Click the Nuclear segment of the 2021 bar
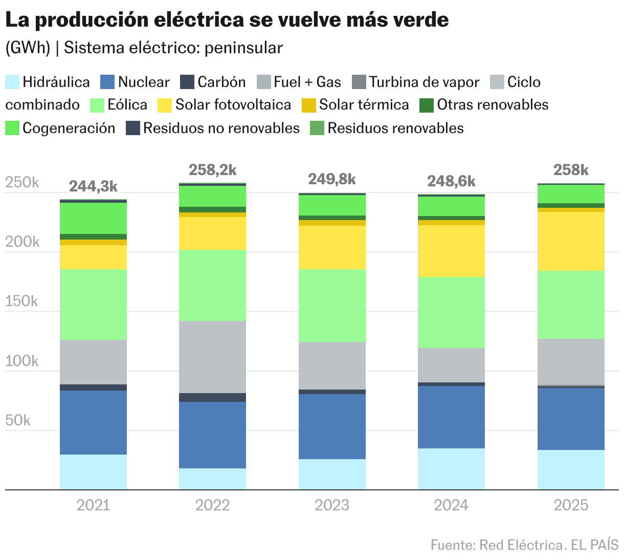click(x=93, y=422)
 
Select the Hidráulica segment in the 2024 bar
click(x=451, y=469)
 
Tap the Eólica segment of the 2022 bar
click(x=212, y=285)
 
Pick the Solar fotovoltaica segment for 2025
click(x=571, y=241)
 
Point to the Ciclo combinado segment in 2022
click(x=212, y=357)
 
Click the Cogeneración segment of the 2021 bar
click(x=93, y=218)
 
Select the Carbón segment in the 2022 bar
click(x=212, y=397)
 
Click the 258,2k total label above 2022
click(x=212, y=170)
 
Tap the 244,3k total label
click(x=93, y=186)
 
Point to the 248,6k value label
click(x=451, y=181)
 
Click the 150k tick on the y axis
click(x=21, y=301)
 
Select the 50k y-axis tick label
click(x=18, y=420)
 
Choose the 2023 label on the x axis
click(x=331, y=505)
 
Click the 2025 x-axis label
click(x=571, y=505)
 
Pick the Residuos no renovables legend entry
click(x=221, y=128)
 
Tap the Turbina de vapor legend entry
click(x=424, y=82)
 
